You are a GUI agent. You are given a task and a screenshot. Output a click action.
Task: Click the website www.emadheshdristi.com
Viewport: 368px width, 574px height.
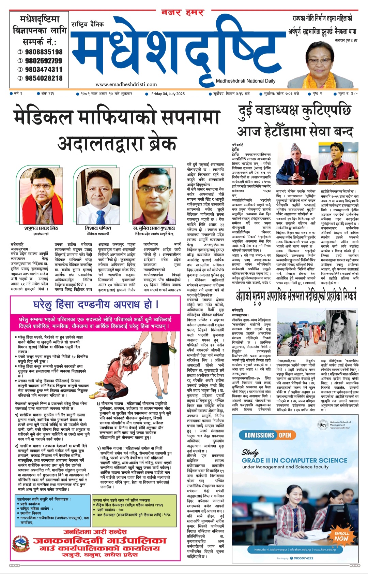click(x=126, y=84)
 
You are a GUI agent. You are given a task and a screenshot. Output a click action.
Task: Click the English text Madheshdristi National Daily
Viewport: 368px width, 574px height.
click(x=245, y=81)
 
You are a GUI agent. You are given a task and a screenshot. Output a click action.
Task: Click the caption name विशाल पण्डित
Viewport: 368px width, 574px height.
click(x=98, y=228)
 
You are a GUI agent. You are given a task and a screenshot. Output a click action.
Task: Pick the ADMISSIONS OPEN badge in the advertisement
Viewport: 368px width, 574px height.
click(x=267, y=435)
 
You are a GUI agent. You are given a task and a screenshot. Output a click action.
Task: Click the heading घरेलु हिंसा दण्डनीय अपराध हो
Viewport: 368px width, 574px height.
click(x=95, y=304)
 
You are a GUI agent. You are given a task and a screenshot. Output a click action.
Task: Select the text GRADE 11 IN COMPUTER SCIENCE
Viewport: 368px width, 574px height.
click(x=294, y=460)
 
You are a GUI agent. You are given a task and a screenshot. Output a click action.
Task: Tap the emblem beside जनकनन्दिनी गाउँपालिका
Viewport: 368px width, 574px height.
click(x=21, y=546)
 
